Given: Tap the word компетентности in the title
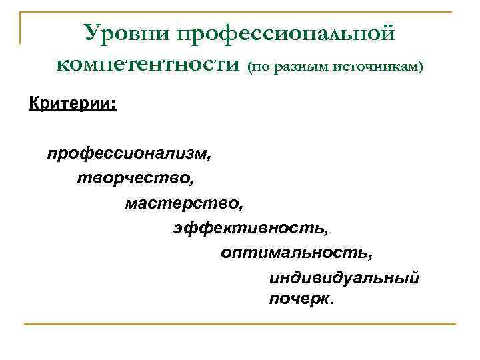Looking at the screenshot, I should point(147,64).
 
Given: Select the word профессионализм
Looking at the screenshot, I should point(127,154).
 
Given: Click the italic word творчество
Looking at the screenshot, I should point(134,179).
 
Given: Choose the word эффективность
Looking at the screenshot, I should point(249,228).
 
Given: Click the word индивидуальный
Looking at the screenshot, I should point(344,277).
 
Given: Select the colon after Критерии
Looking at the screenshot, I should point(114,105).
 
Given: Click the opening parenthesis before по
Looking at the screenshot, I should point(249,67).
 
